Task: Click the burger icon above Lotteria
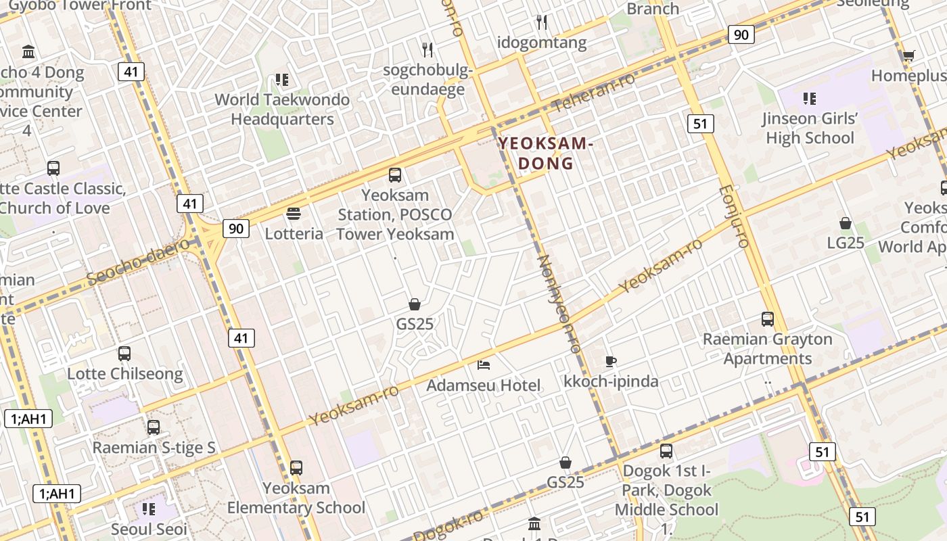point(294,214)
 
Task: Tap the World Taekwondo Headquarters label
point(282,109)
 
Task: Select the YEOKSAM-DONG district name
point(545,153)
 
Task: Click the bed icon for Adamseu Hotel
point(484,364)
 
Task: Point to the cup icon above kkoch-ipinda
point(610,361)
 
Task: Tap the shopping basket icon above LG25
point(846,222)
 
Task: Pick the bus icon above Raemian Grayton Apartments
point(768,319)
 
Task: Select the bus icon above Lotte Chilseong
point(124,353)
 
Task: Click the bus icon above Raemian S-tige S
point(154,427)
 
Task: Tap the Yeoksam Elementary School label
point(296,498)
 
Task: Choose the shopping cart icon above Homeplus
point(908,55)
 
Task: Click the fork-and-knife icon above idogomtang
point(542,22)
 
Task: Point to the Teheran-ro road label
point(594,92)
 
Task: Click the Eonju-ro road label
point(734,216)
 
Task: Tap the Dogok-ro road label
point(449,525)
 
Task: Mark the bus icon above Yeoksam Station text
point(395,175)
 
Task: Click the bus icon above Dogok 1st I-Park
point(666,450)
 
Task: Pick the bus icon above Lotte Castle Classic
point(53,168)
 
